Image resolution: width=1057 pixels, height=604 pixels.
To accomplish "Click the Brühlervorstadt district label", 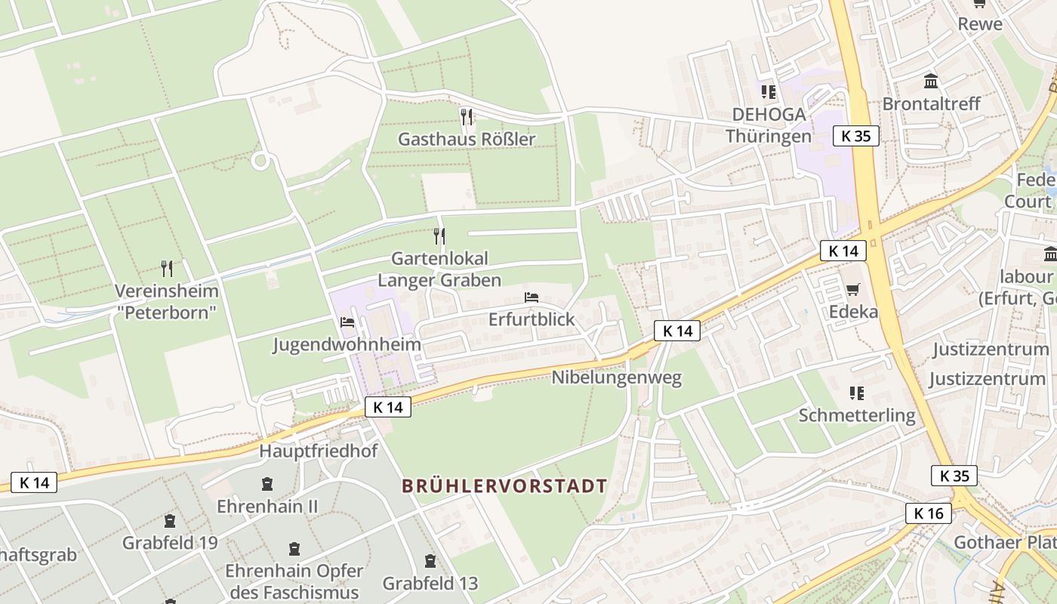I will (x=504, y=485).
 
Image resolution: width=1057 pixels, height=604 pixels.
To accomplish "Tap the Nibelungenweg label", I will (x=616, y=377).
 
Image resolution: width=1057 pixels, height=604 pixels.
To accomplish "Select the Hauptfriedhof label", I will (x=319, y=451).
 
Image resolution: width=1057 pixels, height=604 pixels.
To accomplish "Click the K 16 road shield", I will (x=928, y=513).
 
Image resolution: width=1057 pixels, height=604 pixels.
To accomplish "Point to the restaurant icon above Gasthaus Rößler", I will (x=467, y=116).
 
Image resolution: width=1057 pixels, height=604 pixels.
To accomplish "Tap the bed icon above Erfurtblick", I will (x=532, y=297).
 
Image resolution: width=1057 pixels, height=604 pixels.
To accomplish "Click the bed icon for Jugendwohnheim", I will (x=347, y=322).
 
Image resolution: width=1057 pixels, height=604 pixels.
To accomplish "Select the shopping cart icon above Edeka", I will (x=853, y=289).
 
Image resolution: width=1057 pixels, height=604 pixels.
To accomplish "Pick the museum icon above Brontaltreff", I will (x=931, y=81).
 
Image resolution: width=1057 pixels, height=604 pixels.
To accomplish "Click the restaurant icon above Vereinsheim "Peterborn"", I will (x=167, y=268).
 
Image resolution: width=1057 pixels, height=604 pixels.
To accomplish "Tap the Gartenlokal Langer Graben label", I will (x=439, y=270).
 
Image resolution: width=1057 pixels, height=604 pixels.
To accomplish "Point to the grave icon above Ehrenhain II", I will (x=267, y=483).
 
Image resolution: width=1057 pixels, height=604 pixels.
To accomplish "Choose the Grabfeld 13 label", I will (x=430, y=583).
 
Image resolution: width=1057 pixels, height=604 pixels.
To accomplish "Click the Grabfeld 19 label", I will (x=170, y=542).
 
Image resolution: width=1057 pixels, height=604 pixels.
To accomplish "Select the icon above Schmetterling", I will (x=856, y=393).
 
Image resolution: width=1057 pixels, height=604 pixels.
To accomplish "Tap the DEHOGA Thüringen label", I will (x=769, y=125).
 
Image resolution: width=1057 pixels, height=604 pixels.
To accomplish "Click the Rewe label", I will (x=980, y=23).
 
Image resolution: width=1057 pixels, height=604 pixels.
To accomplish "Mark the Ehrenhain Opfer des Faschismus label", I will (x=294, y=581).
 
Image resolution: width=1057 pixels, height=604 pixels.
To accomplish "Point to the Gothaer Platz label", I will (x=1004, y=542).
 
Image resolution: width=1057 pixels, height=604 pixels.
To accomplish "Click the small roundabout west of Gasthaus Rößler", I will (x=261, y=160).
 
